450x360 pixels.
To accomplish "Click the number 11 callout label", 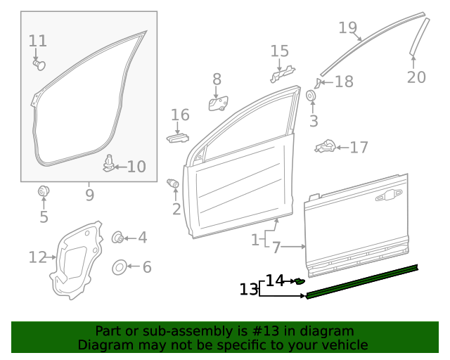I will (38, 41).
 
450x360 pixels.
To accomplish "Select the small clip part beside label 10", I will (109, 163).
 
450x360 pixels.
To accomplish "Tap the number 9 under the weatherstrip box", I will (89, 194).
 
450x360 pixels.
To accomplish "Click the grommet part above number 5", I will (44, 190).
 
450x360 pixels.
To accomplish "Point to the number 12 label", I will (37, 257).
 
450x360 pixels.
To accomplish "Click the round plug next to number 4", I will (119, 238).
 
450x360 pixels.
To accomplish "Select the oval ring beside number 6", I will (120, 267).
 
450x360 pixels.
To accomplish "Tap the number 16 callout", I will (180, 115).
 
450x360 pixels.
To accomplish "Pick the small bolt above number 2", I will (173, 184).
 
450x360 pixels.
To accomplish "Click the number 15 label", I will (280, 51).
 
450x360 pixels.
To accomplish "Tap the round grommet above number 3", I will (311, 96).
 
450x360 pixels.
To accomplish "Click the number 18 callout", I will (344, 82).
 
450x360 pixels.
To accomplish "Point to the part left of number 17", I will (325, 147).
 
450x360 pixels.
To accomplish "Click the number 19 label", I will (347, 28).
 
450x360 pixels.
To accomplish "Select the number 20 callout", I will (416, 77).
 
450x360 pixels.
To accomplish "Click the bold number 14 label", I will (275, 281).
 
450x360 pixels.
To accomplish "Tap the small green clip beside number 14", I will (300, 281).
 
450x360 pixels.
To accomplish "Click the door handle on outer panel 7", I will (389, 197).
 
